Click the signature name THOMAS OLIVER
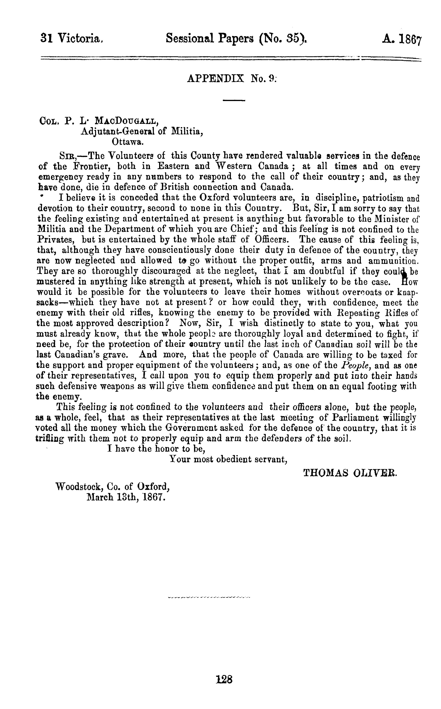click(x=350, y=473)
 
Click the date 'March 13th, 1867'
click(x=126, y=497)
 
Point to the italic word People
click(x=354, y=365)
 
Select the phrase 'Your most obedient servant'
click(x=228, y=459)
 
